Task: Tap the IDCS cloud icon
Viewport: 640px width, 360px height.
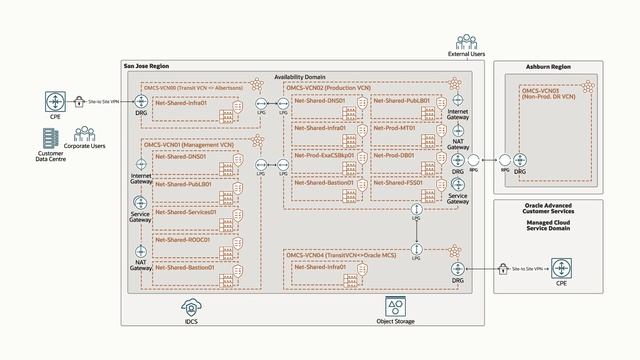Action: click(x=191, y=305)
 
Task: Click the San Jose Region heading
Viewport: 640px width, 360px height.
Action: click(x=146, y=66)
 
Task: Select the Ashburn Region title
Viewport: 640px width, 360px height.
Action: click(x=549, y=66)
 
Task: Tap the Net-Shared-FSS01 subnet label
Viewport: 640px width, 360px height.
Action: click(x=398, y=184)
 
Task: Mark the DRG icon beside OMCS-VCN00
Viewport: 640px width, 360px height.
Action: click(x=140, y=102)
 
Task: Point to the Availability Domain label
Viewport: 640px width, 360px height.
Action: click(x=300, y=77)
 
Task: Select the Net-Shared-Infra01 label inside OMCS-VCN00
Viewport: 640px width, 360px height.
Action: click(x=182, y=102)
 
